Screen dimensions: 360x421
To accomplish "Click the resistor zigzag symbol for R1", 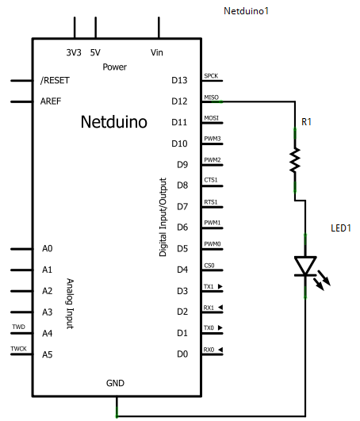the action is click(x=295, y=160).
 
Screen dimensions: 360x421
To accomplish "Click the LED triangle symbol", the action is click(x=305, y=266).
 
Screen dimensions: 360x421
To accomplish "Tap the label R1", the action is click(x=306, y=122).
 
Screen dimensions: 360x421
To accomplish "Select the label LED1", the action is click(x=341, y=228).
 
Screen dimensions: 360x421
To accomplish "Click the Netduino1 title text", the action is click(x=246, y=11).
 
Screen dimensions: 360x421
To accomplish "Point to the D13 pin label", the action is click(x=179, y=80).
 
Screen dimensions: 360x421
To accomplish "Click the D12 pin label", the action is click(x=179, y=101).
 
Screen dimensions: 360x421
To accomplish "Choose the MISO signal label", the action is click(x=211, y=98).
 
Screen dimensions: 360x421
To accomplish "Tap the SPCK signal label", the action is click(x=211, y=76).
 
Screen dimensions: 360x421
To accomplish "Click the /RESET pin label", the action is click(x=55, y=80).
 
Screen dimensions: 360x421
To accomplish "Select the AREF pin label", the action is click(x=51, y=101).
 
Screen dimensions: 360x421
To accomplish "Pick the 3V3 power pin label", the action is click(x=74, y=52).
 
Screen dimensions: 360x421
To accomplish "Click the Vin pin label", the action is click(x=157, y=52).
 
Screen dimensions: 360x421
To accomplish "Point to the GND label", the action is click(x=115, y=383).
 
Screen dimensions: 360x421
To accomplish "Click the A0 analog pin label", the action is click(x=48, y=249).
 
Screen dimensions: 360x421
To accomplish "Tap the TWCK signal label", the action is click(x=18, y=349).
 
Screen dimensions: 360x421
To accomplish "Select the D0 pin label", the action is click(x=182, y=354).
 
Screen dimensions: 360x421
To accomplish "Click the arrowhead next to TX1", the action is click(x=220, y=286).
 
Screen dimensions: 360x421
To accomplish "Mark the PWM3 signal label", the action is click(x=213, y=139).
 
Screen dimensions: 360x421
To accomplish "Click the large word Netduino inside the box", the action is click(x=114, y=122).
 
